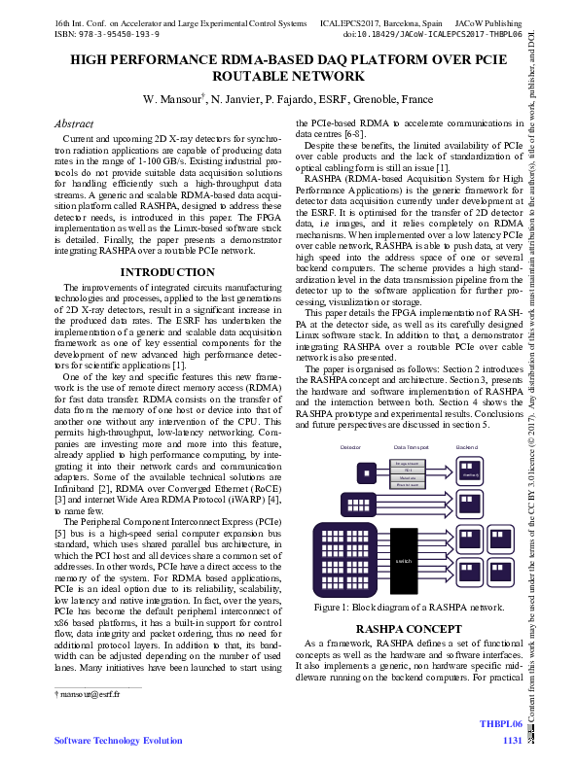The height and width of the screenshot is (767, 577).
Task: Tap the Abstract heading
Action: pos(74,124)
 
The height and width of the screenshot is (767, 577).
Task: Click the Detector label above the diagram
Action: pos(351,447)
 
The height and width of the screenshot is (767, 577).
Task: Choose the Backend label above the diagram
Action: pos(467,447)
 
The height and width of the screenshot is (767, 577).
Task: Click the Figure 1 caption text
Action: pos(409,608)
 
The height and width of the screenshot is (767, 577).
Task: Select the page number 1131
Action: pos(512,741)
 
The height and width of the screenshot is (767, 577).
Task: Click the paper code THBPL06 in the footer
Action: pos(501,724)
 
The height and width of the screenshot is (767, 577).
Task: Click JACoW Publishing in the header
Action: pos(495,20)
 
